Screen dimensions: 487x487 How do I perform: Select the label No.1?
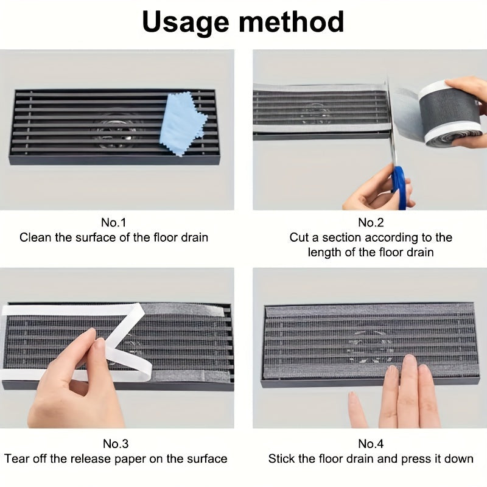click(114, 222)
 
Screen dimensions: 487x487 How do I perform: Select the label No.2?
click(370, 222)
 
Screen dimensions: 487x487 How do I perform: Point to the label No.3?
click(114, 444)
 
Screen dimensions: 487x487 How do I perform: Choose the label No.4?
click(370, 444)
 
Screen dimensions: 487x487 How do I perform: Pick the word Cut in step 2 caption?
click(299, 237)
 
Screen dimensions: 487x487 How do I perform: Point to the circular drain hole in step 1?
click(116, 128)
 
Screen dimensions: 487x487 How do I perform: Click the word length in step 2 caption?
click(324, 252)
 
